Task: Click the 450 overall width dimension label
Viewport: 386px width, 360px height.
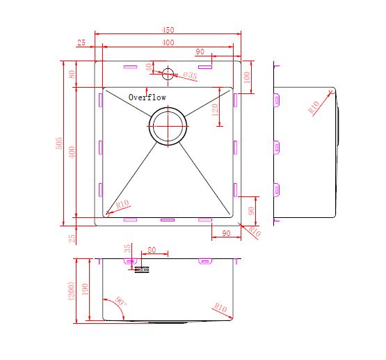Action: tap(168, 30)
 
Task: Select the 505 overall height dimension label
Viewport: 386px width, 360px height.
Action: tap(59, 143)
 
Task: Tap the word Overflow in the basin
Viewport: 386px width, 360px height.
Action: tap(147, 97)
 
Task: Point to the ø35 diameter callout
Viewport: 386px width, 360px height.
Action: tap(191, 75)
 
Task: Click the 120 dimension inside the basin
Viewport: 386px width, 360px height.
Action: tap(215, 110)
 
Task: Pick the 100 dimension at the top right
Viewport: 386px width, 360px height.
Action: tap(247, 77)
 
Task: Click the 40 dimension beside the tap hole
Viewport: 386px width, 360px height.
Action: tap(149, 67)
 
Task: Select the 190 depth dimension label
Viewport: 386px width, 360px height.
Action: tap(85, 289)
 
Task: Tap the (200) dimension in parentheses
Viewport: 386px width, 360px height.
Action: tap(72, 291)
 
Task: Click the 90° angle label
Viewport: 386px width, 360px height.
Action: tap(121, 301)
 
